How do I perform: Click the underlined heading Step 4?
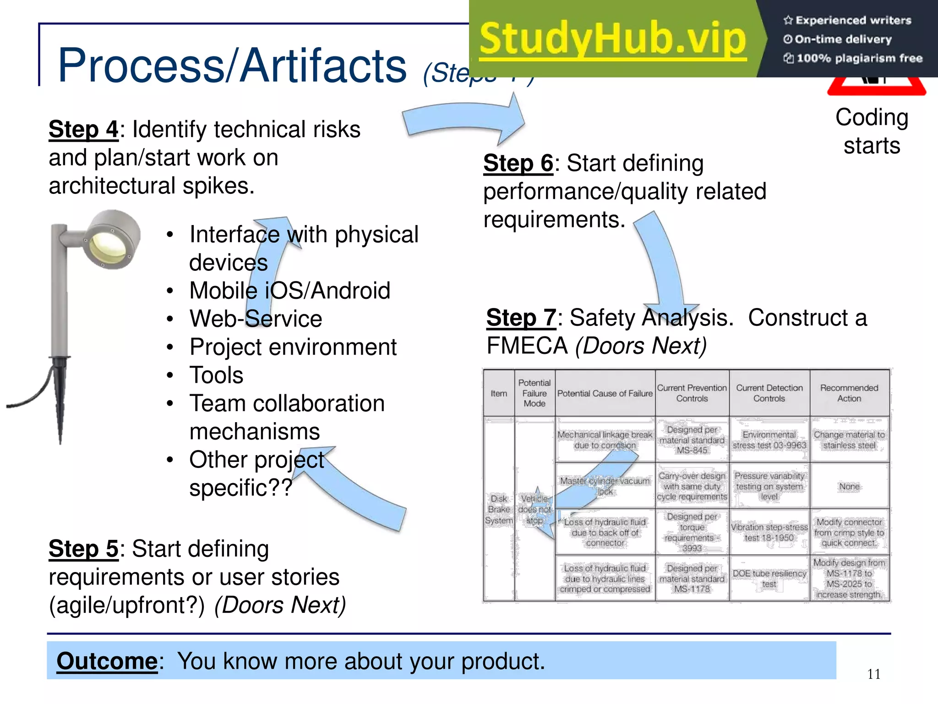[84, 130]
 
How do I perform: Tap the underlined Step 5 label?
[84, 549]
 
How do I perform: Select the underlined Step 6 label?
[518, 164]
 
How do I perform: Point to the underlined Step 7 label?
[521, 318]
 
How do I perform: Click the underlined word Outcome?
[107, 661]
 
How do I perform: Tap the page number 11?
[873, 674]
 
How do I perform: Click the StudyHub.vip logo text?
[613, 39]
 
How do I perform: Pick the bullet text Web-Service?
[256, 319]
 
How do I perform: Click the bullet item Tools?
[216, 375]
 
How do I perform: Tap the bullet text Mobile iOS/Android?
[289, 291]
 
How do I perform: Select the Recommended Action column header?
[849, 393]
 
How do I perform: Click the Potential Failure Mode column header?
[534, 393]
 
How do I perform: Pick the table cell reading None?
[849, 486]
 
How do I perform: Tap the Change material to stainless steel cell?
[849, 440]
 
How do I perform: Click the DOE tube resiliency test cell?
[769, 579]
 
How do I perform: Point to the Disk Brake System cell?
[499, 510]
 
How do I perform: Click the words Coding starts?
[872, 132]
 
